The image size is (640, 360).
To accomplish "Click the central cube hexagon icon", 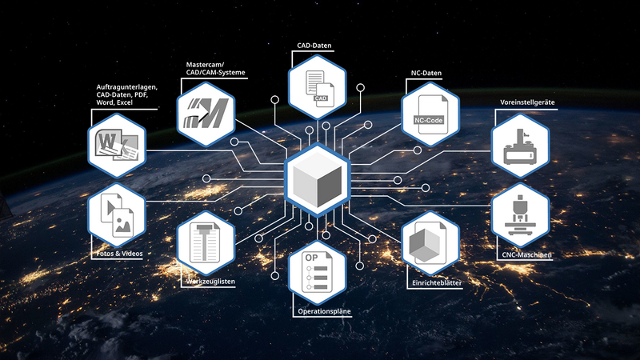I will click(x=317, y=177).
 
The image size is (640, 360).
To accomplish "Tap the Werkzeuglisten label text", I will click(x=210, y=282).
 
